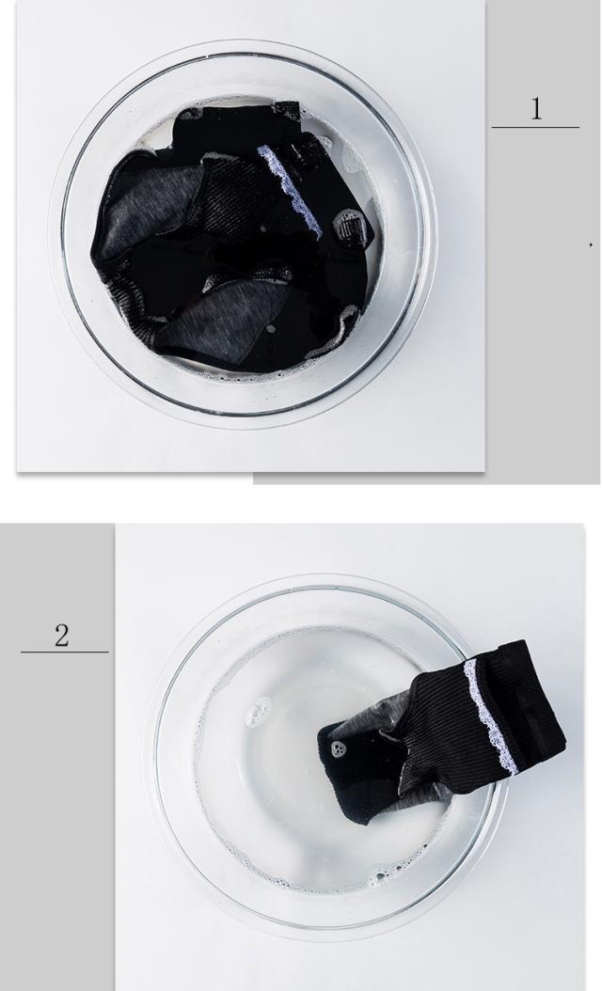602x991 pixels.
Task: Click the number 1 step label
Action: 536,109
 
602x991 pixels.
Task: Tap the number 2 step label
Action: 61,636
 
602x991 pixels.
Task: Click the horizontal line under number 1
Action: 535,127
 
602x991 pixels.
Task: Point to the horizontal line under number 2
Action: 65,652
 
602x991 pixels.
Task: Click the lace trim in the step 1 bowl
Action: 291,190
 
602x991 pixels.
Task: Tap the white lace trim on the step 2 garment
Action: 491,716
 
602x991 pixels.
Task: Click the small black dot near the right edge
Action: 591,244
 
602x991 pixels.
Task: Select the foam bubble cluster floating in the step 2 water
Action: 259,712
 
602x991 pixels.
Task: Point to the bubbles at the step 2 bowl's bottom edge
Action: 386,874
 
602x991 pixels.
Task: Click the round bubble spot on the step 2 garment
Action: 338,749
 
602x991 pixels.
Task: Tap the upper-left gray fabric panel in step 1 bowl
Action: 155,205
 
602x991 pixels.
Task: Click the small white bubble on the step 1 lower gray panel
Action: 270,329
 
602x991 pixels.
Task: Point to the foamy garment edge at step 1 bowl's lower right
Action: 341,330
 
